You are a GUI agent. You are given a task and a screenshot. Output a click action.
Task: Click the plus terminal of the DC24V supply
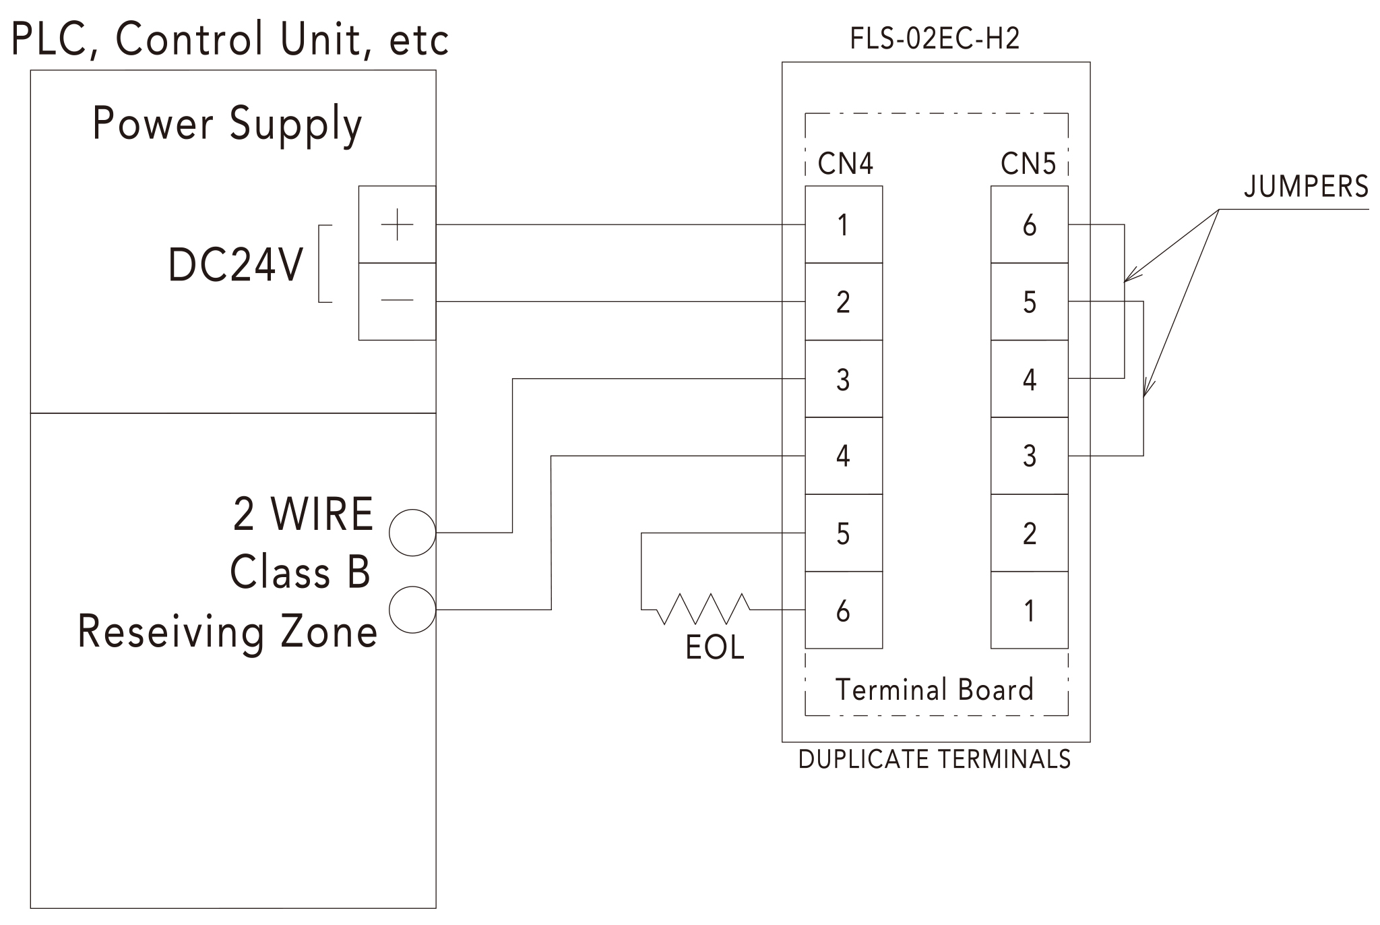(x=397, y=225)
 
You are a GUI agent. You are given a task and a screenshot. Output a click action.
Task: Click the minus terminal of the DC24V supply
(x=397, y=301)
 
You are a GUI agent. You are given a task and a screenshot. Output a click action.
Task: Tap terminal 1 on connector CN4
(x=843, y=225)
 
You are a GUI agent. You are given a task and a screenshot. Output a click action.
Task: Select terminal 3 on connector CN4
(x=843, y=379)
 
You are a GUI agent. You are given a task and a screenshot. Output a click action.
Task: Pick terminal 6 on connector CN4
(x=843, y=610)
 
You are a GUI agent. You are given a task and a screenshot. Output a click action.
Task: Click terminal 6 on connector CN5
(x=1029, y=225)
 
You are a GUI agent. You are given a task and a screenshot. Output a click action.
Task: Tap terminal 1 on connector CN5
(x=1029, y=610)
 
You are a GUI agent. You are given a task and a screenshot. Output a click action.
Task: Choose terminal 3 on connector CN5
(x=1029, y=456)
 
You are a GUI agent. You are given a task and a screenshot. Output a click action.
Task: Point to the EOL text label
(x=714, y=648)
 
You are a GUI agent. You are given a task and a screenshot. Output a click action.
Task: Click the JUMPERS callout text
(x=1306, y=187)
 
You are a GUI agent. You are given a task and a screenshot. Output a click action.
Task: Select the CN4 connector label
(x=845, y=163)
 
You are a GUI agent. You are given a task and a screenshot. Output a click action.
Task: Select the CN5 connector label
(x=1028, y=163)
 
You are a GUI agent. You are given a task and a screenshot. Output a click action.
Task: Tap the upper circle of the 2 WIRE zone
(x=412, y=533)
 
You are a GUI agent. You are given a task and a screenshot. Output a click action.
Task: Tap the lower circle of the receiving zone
(x=412, y=609)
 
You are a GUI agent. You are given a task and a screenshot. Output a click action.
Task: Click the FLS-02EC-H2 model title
(x=935, y=38)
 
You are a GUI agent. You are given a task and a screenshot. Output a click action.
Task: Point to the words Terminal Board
(x=934, y=690)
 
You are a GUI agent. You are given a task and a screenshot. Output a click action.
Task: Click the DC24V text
(x=235, y=264)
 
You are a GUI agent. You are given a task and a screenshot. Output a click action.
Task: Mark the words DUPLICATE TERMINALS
(x=934, y=759)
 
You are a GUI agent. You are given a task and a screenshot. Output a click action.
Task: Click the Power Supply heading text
(x=227, y=125)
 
